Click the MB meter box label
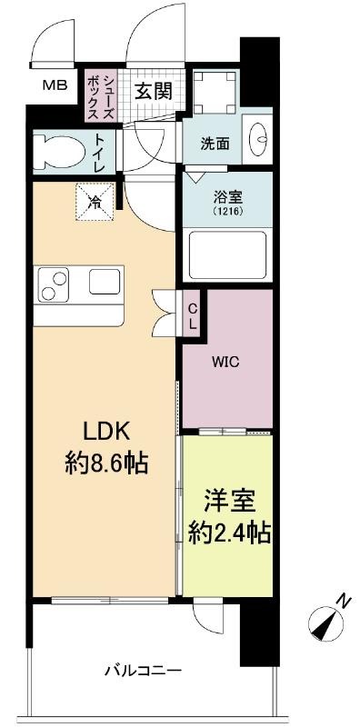pos(55,85)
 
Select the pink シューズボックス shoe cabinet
pos(100,95)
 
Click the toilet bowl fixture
pos(59,150)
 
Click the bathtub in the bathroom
pos(228,254)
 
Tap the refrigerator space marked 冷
pos(95,203)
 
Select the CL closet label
pos(192,315)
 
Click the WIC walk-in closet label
pos(226,363)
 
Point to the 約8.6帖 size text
pos(106,463)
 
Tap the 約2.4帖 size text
pos(229,533)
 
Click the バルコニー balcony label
pos(142,671)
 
